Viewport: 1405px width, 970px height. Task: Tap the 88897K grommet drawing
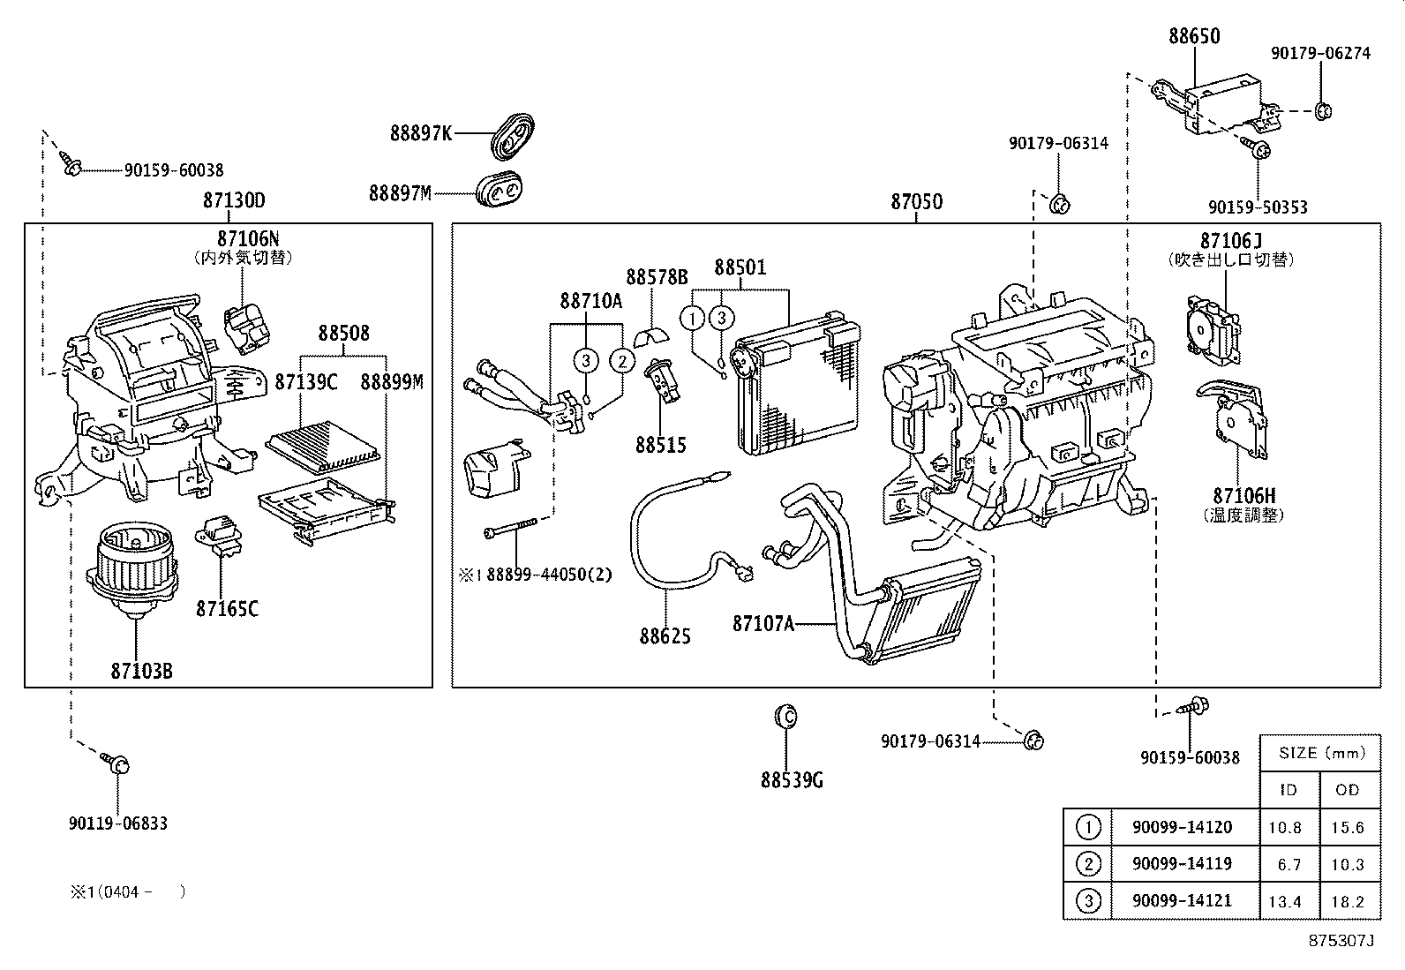[x=514, y=136]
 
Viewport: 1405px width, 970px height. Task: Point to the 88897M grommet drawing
[x=499, y=191]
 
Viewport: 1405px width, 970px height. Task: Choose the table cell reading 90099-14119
[x=1182, y=863]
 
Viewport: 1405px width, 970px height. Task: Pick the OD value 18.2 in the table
[x=1348, y=901]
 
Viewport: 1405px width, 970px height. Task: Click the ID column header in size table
[x=1289, y=790]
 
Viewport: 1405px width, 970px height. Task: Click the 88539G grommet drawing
[x=784, y=716]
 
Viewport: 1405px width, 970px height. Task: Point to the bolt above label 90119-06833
[x=117, y=763]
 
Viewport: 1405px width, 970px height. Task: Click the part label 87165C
[x=227, y=608]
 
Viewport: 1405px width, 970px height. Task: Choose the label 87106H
[x=1244, y=497]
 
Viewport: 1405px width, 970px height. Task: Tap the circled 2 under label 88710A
[x=622, y=360]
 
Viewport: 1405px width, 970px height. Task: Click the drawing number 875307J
[x=1341, y=941]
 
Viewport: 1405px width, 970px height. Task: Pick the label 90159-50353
[x=1258, y=207]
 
